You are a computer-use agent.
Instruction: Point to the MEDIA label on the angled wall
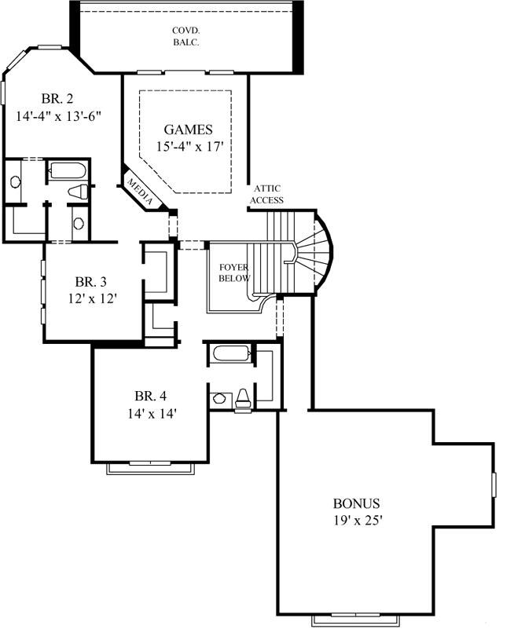click(x=141, y=192)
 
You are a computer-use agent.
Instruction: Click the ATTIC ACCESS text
click(x=266, y=194)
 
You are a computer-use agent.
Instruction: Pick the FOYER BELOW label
click(x=234, y=272)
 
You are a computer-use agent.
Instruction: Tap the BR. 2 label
click(x=59, y=99)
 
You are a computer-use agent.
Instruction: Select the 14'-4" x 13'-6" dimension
click(x=59, y=115)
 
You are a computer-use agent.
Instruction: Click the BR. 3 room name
click(x=92, y=281)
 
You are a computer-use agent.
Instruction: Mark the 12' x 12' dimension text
click(x=92, y=298)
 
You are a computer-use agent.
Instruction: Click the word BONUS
click(x=357, y=503)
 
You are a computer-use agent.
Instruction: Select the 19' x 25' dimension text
click(x=357, y=520)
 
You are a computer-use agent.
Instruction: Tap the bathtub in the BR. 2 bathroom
click(x=68, y=170)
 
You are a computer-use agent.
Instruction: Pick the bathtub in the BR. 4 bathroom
click(x=232, y=353)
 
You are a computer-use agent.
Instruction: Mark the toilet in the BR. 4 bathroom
click(x=243, y=399)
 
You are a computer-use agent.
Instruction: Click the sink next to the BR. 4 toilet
click(x=220, y=400)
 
